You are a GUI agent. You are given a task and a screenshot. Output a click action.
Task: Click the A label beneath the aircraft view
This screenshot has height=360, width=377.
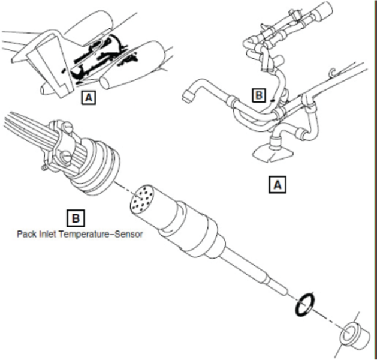point(88,96)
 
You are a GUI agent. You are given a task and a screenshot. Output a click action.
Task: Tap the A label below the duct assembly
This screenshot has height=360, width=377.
point(277,186)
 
